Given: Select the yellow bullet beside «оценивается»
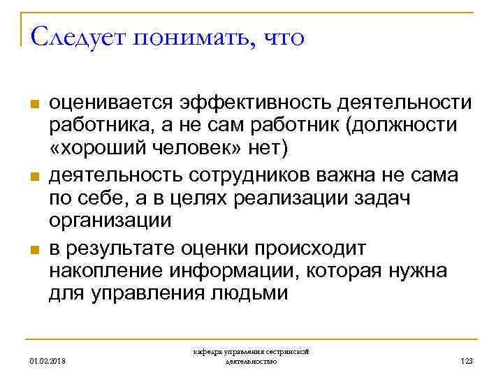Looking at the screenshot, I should pyautogui.click(x=32, y=105).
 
